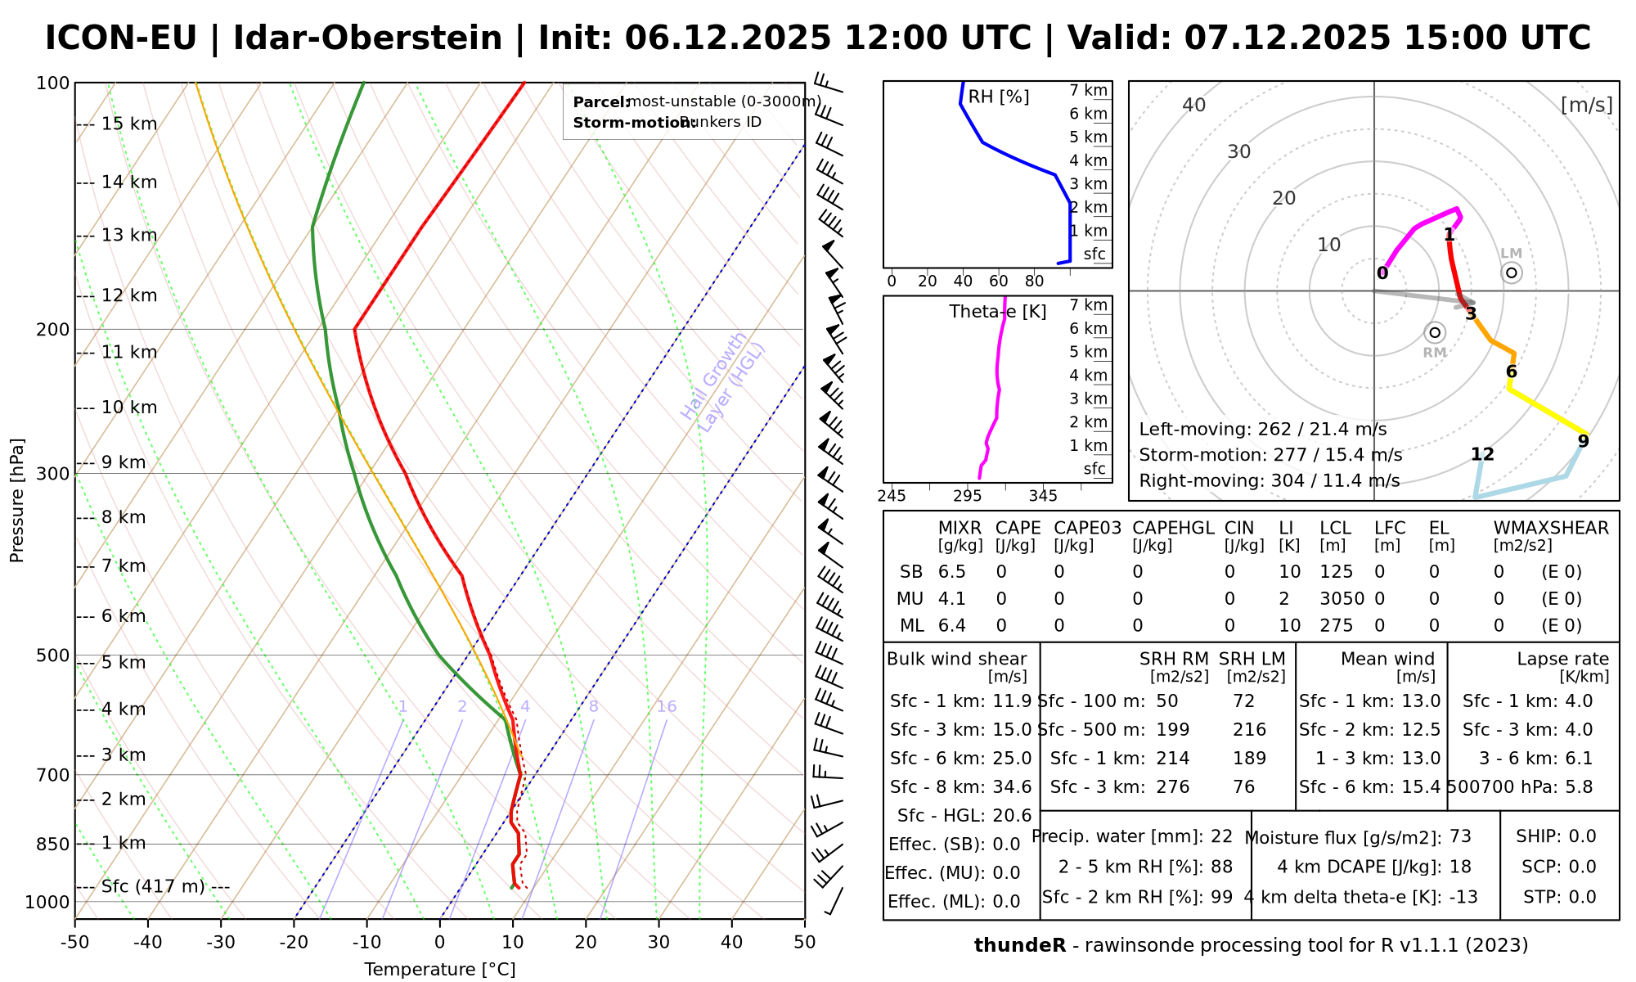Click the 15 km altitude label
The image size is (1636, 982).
[129, 124]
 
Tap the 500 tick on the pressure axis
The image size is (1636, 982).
[52, 655]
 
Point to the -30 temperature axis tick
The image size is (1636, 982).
[221, 943]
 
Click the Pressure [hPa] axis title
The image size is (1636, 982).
[17, 500]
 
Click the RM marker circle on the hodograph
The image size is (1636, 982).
[1434, 332]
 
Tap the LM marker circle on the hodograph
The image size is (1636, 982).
[1512, 273]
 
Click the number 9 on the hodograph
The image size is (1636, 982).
[1584, 442]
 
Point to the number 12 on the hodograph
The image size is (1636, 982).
[1482, 455]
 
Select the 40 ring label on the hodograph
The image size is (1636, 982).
[1194, 105]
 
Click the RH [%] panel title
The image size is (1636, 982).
[999, 97]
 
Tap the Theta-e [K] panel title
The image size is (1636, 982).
[998, 312]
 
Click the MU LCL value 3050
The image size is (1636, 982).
[1342, 599]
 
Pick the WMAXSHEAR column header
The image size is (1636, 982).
[1551, 529]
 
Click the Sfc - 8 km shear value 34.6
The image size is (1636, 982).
[1013, 787]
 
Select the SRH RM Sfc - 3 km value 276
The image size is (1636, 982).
[1173, 787]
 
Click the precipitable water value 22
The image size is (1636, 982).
[1221, 836]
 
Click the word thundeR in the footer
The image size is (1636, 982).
[1020, 946]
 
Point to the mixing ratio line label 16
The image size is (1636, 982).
[667, 707]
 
